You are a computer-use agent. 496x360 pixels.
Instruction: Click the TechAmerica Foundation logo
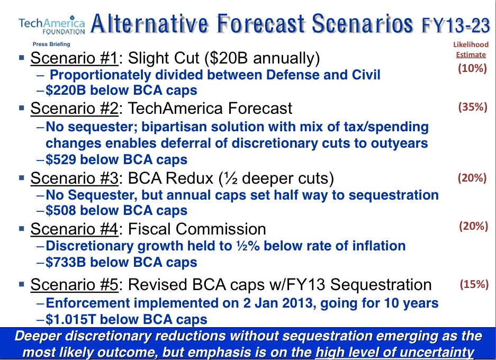(x=51, y=25)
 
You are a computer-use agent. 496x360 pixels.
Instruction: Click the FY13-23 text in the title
(x=456, y=25)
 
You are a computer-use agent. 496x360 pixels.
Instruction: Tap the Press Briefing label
(x=51, y=44)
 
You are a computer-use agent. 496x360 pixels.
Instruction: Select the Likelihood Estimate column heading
(x=471, y=50)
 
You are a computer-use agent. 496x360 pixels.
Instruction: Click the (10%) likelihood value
(x=472, y=68)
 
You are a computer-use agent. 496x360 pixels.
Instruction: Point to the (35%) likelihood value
(x=473, y=107)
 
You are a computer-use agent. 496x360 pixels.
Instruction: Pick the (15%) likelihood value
(x=474, y=284)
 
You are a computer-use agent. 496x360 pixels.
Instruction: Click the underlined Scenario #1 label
(x=74, y=59)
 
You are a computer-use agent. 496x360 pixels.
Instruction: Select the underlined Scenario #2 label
(x=74, y=109)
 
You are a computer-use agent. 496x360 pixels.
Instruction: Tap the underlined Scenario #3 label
(x=74, y=178)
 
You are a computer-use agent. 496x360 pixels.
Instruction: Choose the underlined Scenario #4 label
(x=74, y=229)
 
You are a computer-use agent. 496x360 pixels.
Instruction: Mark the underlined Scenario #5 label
(x=74, y=285)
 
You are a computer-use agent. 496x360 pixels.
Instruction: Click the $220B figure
(x=66, y=90)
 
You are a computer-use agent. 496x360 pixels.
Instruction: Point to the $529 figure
(x=61, y=159)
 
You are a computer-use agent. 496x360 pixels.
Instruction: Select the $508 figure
(x=61, y=210)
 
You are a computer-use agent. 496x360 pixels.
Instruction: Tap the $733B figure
(x=66, y=262)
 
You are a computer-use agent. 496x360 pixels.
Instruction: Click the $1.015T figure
(x=70, y=319)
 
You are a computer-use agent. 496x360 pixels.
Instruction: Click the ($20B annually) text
(x=262, y=59)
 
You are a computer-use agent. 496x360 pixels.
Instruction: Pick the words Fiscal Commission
(x=197, y=229)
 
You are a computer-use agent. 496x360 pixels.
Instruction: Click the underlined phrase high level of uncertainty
(x=395, y=352)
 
